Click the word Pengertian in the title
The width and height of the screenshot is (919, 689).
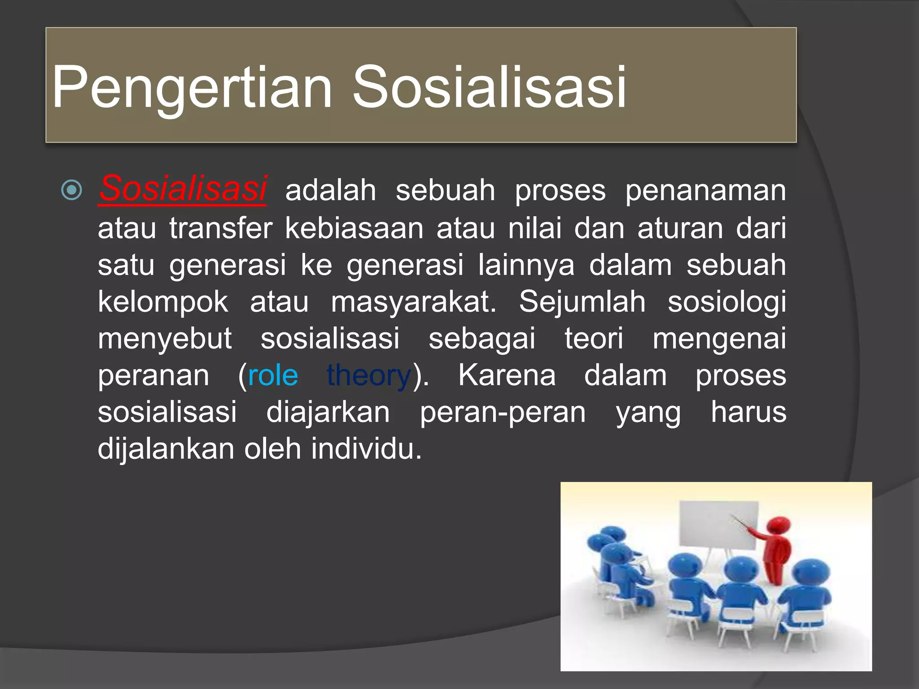coord(192,87)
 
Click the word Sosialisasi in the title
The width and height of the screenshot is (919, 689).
coord(489,87)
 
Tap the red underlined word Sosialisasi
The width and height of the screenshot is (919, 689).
coord(183,188)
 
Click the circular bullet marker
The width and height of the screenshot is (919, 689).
coord(71,190)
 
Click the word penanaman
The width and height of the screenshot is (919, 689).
coord(705,191)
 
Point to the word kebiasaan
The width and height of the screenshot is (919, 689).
coord(354,228)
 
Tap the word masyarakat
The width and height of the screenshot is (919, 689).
coord(413,301)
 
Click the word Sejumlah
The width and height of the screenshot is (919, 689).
coord(582,301)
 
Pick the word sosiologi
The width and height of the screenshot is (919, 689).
coord(726,301)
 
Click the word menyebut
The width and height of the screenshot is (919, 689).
coord(165,338)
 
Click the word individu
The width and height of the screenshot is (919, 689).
coord(366,449)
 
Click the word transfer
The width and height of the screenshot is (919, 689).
coord(221,228)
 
